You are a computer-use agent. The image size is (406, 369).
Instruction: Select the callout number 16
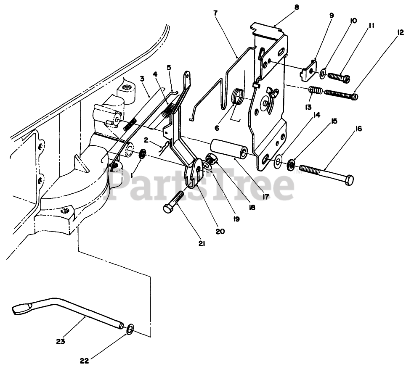(x=359, y=129)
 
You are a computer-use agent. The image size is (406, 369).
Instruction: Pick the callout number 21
(x=202, y=243)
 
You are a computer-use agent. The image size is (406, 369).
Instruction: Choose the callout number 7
(x=216, y=13)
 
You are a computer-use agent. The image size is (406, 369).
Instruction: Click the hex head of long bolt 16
(x=348, y=181)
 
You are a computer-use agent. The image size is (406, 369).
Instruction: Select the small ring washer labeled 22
(x=130, y=328)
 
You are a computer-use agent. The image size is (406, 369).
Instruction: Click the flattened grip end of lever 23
(x=21, y=310)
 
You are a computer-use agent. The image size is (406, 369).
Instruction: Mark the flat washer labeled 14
(x=278, y=161)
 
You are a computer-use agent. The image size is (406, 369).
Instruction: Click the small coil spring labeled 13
(x=315, y=90)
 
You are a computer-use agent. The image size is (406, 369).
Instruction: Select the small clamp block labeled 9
(x=309, y=69)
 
